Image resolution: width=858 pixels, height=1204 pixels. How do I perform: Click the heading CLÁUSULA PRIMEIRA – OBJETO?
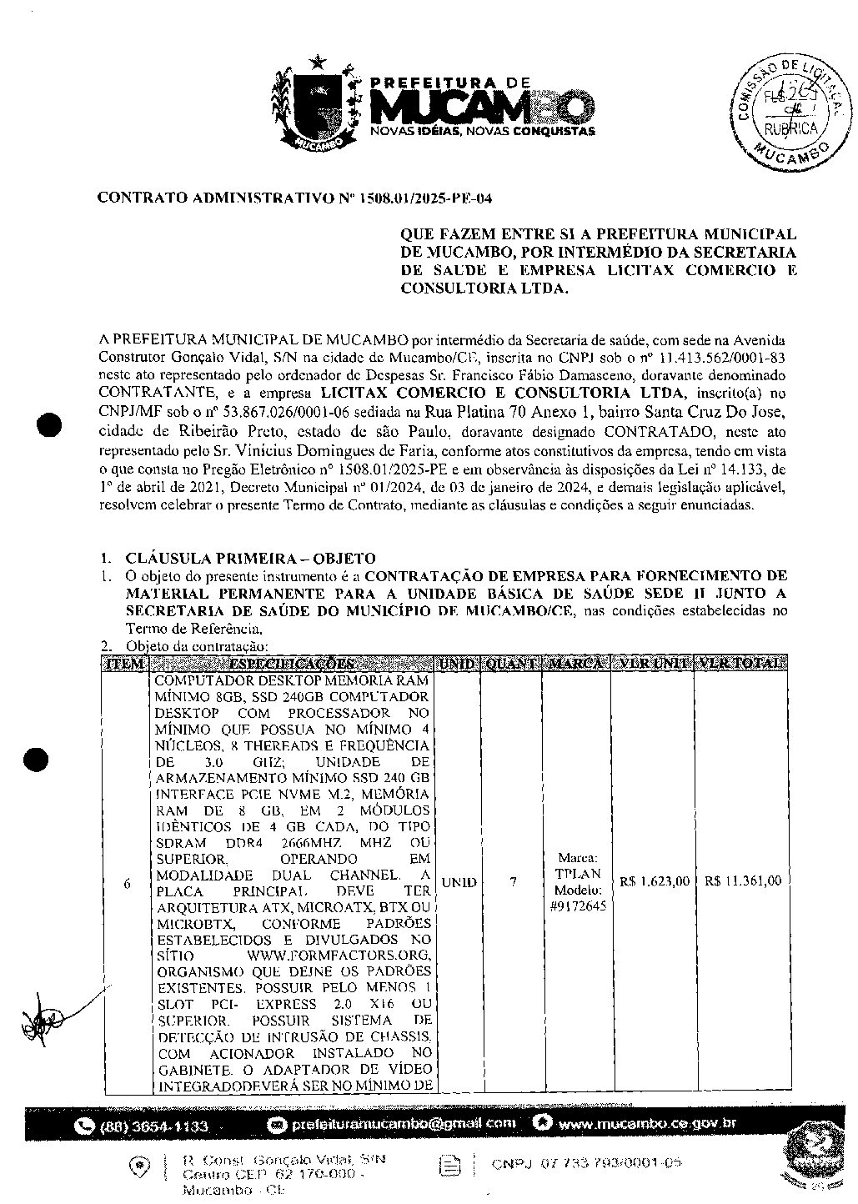(250, 559)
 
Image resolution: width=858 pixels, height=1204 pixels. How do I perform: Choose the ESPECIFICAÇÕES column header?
(293, 664)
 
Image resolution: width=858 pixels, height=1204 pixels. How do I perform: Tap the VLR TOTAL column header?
(742, 664)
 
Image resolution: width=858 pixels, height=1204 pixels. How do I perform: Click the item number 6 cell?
(127, 883)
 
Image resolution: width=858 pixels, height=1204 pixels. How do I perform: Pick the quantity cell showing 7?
(513, 882)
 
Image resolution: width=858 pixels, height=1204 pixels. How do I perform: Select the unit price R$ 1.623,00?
(655, 881)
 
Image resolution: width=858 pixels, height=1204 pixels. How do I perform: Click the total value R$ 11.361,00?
(742, 881)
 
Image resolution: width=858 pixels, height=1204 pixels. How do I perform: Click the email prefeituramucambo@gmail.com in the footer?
(404, 1124)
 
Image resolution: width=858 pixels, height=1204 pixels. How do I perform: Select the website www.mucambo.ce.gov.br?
(647, 1123)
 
